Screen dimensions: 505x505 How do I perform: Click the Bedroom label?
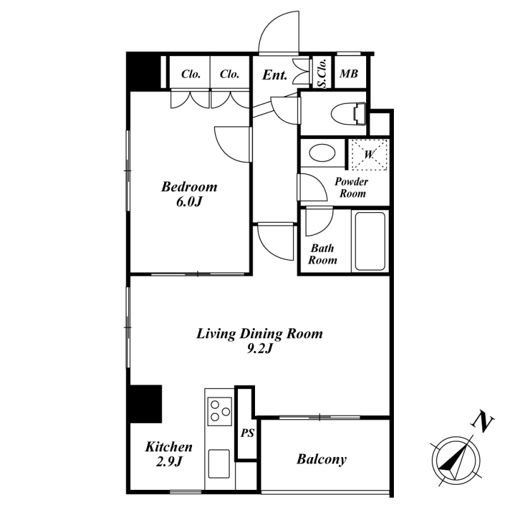coord(189,187)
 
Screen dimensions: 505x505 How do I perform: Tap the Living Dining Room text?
coord(259,334)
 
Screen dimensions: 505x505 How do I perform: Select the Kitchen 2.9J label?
coord(169,454)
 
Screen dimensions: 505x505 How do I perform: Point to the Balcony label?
coord(321,460)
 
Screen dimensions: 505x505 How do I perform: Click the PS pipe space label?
coord(247,433)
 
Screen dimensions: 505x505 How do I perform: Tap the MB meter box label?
coord(349,74)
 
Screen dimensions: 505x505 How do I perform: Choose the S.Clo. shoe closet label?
coord(322,73)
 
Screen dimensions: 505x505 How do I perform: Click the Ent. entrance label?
coord(275,75)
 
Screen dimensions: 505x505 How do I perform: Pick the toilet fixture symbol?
coord(348,114)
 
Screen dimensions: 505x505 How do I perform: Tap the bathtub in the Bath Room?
coord(370,241)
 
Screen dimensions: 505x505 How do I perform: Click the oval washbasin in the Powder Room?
coord(322,153)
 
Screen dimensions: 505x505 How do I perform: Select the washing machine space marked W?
coord(369,155)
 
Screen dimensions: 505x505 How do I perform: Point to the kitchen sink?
coord(219,464)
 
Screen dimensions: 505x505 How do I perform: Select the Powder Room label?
coord(352,187)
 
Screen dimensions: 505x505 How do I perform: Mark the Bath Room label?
coord(323,254)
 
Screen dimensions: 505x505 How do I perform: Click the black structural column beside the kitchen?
coord(145,404)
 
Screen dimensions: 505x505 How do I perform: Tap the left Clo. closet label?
coord(191,74)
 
